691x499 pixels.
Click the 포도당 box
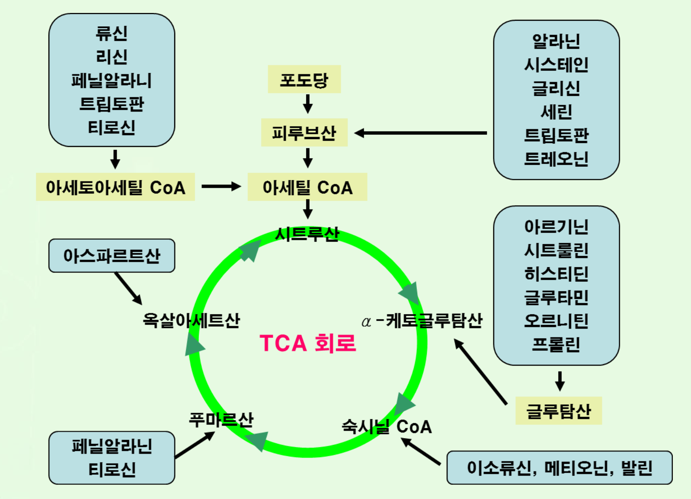tap(304, 79)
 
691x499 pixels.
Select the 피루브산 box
tap(304, 133)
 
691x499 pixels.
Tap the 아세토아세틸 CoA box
tap(115, 187)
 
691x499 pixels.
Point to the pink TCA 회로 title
tap(307, 343)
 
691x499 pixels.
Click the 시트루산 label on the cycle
tap(307, 234)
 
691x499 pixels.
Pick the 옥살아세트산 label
tap(191, 320)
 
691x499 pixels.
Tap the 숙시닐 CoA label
tap(387, 426)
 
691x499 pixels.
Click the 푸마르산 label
tap(221, 419)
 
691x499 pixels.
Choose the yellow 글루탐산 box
tap(558, 411)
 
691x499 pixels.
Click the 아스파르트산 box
tap(112, 256)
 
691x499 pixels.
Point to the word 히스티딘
tap(556, 273)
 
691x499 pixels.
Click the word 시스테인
tap(556, 65)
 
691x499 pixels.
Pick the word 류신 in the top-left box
tap(112, 33)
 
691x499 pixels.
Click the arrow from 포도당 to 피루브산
tap(308, 104)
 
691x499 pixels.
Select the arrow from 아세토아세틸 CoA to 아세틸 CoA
tap(221, 187)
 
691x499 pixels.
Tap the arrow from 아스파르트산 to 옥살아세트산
tap(128, 288)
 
